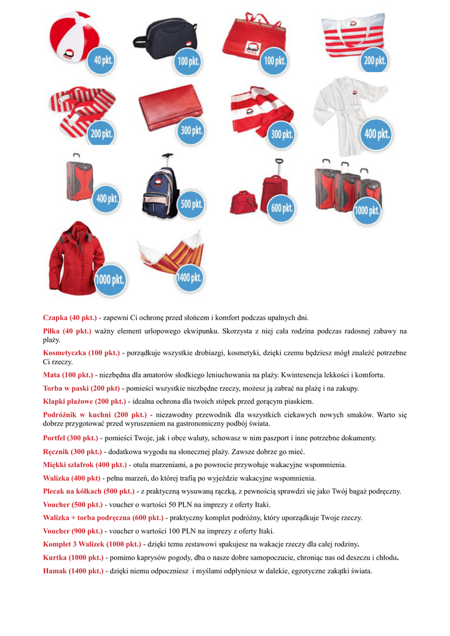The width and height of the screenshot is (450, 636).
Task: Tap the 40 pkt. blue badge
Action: (x=101, y=60)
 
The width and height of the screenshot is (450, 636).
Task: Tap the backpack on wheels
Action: (x=160, y=189)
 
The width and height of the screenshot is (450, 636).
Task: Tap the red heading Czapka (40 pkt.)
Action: (x=70, y=317)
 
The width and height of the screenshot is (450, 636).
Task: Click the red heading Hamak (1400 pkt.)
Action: (x=73, y=571)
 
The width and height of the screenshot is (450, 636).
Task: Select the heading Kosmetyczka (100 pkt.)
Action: (x=81, y=353)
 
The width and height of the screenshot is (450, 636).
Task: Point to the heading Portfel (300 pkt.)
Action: (x=70, y=438)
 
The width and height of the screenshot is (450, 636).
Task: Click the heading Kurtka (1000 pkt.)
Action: (x=73, y=557)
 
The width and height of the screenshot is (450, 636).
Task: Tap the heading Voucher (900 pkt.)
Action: (x=73, y=531)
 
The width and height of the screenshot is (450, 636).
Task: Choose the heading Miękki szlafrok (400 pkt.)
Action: (x=85, y=465)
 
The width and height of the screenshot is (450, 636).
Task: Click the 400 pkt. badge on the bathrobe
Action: (x=377, y=134)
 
